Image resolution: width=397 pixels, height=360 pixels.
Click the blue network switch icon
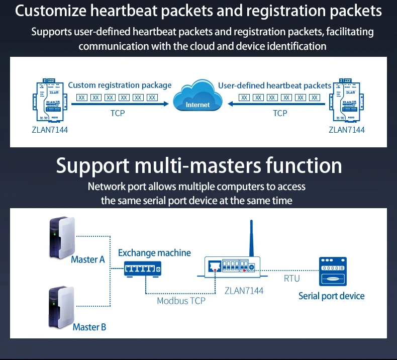[143, 270]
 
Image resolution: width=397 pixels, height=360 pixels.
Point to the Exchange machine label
[154, 253]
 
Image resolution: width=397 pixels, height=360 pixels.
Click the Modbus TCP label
[181, 301]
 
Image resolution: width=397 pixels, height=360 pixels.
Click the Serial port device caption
[331, 296]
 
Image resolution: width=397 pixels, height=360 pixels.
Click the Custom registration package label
[120, 85]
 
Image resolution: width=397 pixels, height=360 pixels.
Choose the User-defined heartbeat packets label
[274, 85]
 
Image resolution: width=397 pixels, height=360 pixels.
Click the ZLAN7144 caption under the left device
[49, 130]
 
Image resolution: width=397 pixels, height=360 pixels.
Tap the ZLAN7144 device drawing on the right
[347, 101]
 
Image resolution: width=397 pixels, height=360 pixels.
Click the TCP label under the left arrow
[118, 113]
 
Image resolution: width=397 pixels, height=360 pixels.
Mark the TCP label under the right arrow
[280, 113]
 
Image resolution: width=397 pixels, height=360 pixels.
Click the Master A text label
[87, 259]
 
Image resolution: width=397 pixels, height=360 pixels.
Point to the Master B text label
[89, 327]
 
